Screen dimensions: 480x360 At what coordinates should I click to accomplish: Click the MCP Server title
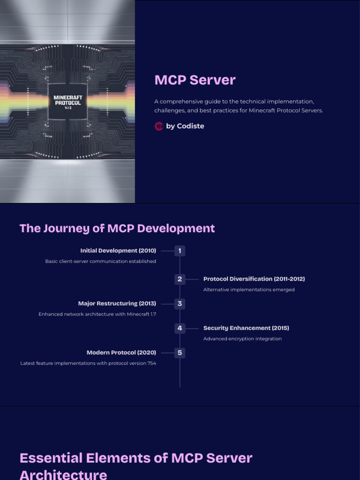tap(195, 80)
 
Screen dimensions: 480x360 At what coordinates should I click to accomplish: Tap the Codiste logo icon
tap(159, 126)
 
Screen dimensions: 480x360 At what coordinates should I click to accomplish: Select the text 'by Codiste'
tap(185, 126)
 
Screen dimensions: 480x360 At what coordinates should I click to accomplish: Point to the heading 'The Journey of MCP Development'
tap(117, 228)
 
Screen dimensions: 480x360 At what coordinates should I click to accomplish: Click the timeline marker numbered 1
tap(180, 251)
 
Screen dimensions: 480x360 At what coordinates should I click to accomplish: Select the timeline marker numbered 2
tap(180, 279)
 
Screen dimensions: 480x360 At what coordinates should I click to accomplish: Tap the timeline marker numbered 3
tap(180, 304)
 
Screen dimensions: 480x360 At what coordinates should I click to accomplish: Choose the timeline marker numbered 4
tap(180, 328)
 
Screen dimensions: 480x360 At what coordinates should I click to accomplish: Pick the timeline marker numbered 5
tap(180, 352)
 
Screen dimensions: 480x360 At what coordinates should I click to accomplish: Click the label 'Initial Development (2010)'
tap(118, 251)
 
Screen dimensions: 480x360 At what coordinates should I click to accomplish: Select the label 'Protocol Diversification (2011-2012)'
tap(254, 279)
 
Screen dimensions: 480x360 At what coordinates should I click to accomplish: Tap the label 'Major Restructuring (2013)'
tap(117, 304)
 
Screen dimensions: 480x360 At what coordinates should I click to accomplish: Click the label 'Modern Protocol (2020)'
tap(121, 352)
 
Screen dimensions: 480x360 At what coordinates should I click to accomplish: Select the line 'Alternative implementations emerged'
tap(249, 290)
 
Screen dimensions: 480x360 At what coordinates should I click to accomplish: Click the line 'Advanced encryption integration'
tap(242, 339)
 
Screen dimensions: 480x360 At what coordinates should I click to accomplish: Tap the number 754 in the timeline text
tap(151, 363)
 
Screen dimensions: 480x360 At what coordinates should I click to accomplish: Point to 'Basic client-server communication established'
tap(100, 262)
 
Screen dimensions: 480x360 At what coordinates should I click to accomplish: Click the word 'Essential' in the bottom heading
tap(52, 458)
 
